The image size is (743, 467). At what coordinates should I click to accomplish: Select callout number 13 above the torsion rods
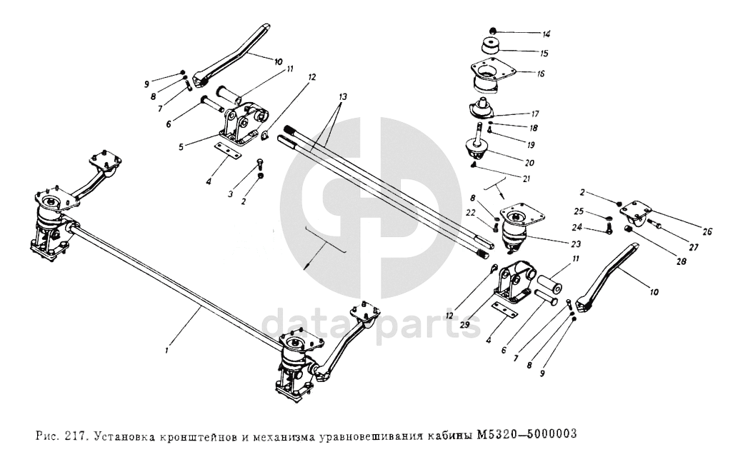343,96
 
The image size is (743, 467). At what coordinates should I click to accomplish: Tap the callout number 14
547,34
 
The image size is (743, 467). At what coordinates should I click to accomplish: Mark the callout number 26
707,231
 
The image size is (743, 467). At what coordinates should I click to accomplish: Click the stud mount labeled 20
474,148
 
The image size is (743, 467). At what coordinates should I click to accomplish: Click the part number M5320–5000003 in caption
526,433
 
